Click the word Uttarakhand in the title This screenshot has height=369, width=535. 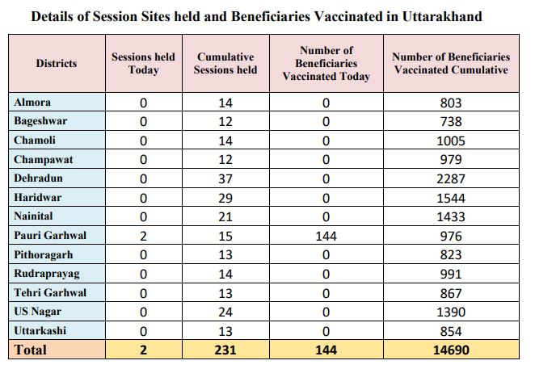(442, 16)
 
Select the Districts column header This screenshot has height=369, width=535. (57, 64)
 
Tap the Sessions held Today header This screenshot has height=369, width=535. (143, 64)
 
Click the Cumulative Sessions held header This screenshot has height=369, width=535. (225, 64)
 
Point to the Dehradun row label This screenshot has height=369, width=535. (38, 178)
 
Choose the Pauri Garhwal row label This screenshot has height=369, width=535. (50, 235)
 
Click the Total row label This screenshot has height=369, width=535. (31, 350)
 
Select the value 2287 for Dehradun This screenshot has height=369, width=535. (451, 178)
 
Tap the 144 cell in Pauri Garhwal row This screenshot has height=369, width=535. (326, 236)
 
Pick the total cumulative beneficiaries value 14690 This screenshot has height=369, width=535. (451, 350)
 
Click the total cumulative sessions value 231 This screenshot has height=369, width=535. (225, 350)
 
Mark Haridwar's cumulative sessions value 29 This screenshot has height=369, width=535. (225, 198)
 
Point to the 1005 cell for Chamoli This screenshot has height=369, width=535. (451, 140)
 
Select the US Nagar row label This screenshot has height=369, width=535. (37, 312)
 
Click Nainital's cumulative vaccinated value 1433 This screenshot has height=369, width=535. (451, 217)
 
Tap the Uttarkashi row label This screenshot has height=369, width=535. (40, 330)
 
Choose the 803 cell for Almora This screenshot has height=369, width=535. (451, 103)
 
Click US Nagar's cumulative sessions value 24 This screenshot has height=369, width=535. (225, 312)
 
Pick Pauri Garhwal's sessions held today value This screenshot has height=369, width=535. (143, 236)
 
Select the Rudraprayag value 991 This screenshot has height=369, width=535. (451, 275)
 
